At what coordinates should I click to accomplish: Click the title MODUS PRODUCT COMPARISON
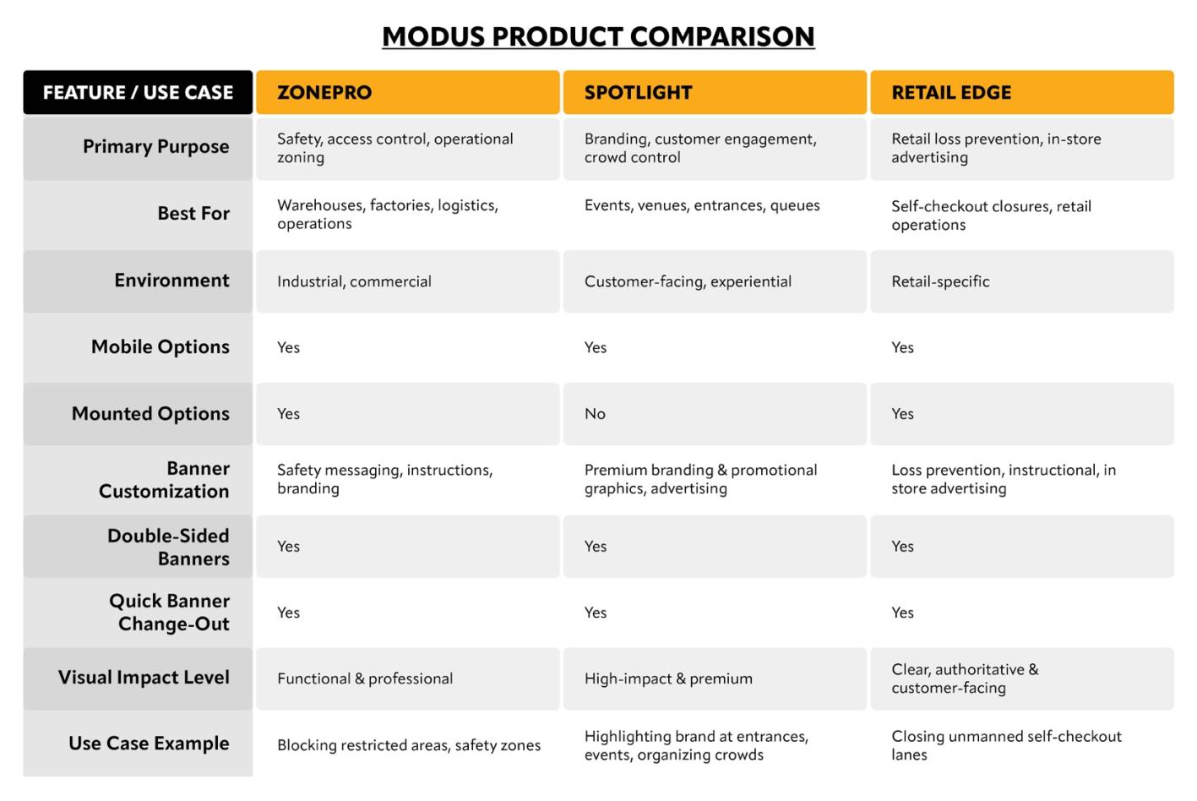[x=598, y=36]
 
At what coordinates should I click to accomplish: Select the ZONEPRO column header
[x=324, y=93]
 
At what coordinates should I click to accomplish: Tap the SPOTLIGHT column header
[x=638, y=93]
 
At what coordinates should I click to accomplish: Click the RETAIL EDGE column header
[x=951, y=93]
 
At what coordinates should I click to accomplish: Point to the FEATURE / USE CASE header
[x=138, y=93]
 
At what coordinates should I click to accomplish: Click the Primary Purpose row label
[x=155, y=147]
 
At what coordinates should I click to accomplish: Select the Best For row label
[x=193, y=214]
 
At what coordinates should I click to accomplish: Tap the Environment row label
[x=171, y=281]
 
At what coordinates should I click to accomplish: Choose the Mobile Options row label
[x=160, y=347]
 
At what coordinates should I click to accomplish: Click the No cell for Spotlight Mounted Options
[x=595, y=414]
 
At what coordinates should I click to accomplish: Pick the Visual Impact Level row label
[x=144, y=678]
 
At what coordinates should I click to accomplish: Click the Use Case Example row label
[x=149, y=744]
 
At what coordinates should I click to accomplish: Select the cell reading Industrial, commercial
[x=354, y=281]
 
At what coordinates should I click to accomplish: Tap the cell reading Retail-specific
[x=940, y=281]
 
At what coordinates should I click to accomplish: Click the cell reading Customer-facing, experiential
[x=688, y=281]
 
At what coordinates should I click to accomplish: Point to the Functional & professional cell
[x=365, y=678]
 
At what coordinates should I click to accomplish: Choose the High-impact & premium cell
[x=668, y=678]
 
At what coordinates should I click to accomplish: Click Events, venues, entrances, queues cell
[x=702, y=205]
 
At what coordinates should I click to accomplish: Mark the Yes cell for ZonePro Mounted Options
[x=288, y=414]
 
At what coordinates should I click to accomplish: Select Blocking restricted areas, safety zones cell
[x=409, y=745]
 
